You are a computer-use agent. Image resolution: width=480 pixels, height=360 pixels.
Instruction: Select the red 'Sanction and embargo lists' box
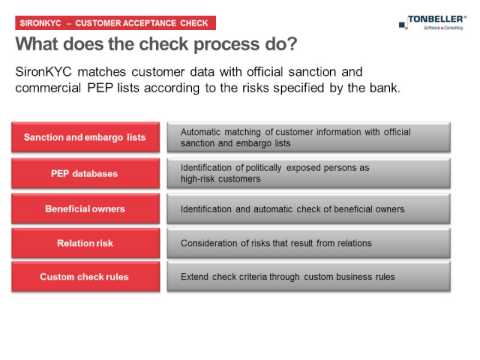click(x=85, y=137)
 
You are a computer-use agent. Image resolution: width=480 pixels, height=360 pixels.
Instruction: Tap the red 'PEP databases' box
click(x=85, y=173)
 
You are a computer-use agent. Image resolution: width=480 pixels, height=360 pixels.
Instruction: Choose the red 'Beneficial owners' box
click(x=85, y=209)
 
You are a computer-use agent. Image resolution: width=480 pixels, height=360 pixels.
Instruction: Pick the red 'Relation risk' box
click(x=85, y=243)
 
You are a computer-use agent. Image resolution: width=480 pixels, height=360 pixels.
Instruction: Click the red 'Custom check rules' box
click(x=85, y=276)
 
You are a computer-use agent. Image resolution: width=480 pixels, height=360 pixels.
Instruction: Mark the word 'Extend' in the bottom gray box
click(x=195, y=276)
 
